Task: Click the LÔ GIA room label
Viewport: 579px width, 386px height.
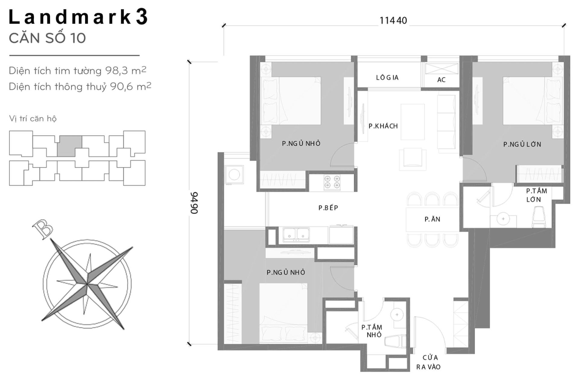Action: (387, 78)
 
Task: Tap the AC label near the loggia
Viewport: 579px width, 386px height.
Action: (441, 80)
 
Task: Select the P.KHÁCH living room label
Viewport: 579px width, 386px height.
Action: (383, 126)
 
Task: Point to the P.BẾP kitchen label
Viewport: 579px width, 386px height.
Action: (328, 208)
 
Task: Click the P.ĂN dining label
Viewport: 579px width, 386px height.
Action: (432, 220)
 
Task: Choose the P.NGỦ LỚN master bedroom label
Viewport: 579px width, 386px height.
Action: (522, 144)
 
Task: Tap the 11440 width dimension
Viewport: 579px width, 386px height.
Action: (393, 21)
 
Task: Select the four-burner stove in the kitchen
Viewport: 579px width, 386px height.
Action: (332, 182)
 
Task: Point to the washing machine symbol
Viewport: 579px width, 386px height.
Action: (234, 175)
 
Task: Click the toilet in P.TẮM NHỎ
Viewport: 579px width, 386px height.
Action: (395, 341)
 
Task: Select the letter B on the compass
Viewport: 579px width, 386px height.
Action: (42, 229)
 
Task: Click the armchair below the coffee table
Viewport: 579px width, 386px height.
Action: (413, 158)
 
